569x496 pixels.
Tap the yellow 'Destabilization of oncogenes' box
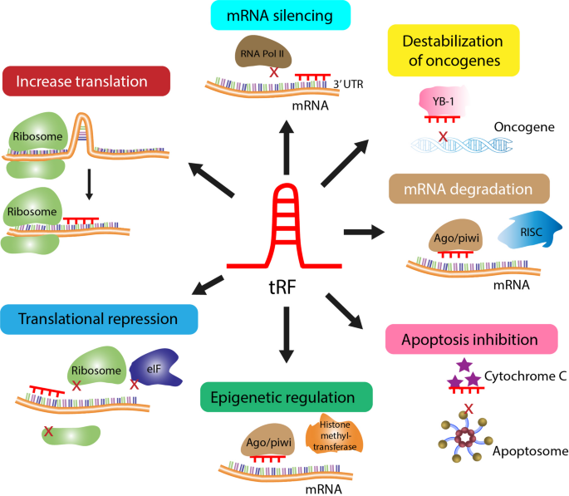pos(454,50)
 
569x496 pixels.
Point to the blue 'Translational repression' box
pos(99,319)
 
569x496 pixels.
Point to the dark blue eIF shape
pos(159,367)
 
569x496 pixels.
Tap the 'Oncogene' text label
pos(524,128)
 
